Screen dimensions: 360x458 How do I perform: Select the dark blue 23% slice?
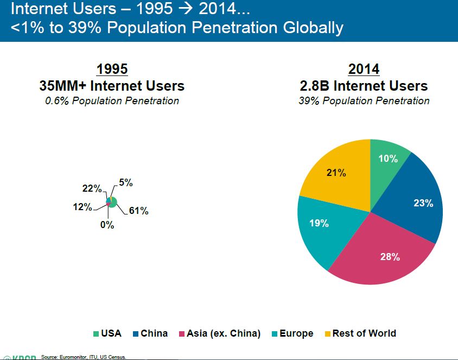tap(418, 201)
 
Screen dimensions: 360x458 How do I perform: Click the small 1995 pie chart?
tap(112, 202)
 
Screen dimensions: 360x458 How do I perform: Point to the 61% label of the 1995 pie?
tap(139, 211)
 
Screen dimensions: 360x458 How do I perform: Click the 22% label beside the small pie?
tap(92, 188)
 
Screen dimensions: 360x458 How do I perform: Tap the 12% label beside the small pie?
tap(82, 207)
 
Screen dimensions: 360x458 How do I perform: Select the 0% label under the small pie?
tap(107, 225)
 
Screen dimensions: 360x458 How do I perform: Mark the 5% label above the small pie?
tap(126, 184)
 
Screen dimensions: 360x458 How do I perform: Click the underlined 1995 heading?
tap(112, 70)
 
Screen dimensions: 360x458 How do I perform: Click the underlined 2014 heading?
tap(364, 70)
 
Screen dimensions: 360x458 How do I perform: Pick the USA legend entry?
tap(107, 333)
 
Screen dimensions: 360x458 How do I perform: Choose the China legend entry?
tap(150, 333)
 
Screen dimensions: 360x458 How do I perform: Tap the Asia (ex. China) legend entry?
tap(220, 333)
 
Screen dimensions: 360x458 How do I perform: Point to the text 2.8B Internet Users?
tap(364, 86)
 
